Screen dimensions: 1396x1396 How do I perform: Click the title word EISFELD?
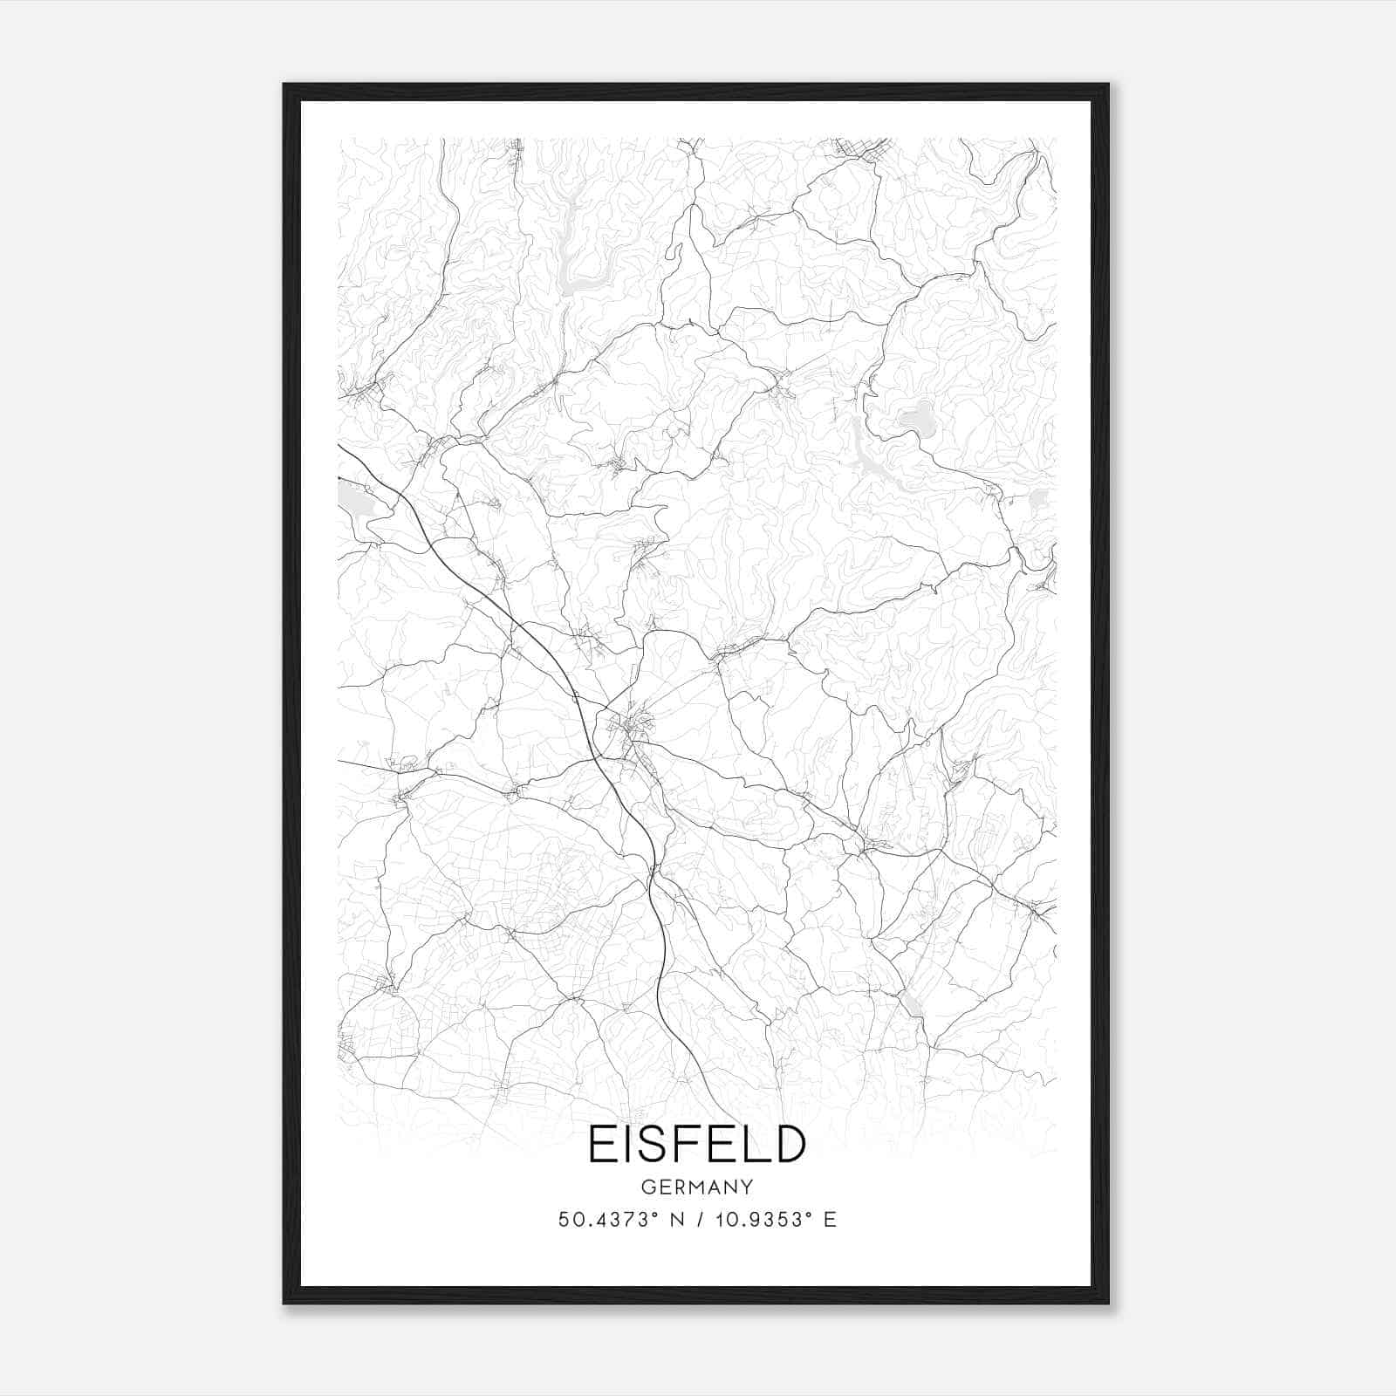[696, 1144]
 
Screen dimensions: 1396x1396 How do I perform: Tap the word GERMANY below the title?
[696, 1187]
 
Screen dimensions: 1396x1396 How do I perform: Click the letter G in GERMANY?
[647, 1187]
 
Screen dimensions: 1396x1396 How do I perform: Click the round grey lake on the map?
[916, 419]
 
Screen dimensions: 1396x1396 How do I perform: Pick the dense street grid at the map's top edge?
[859, 148]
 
